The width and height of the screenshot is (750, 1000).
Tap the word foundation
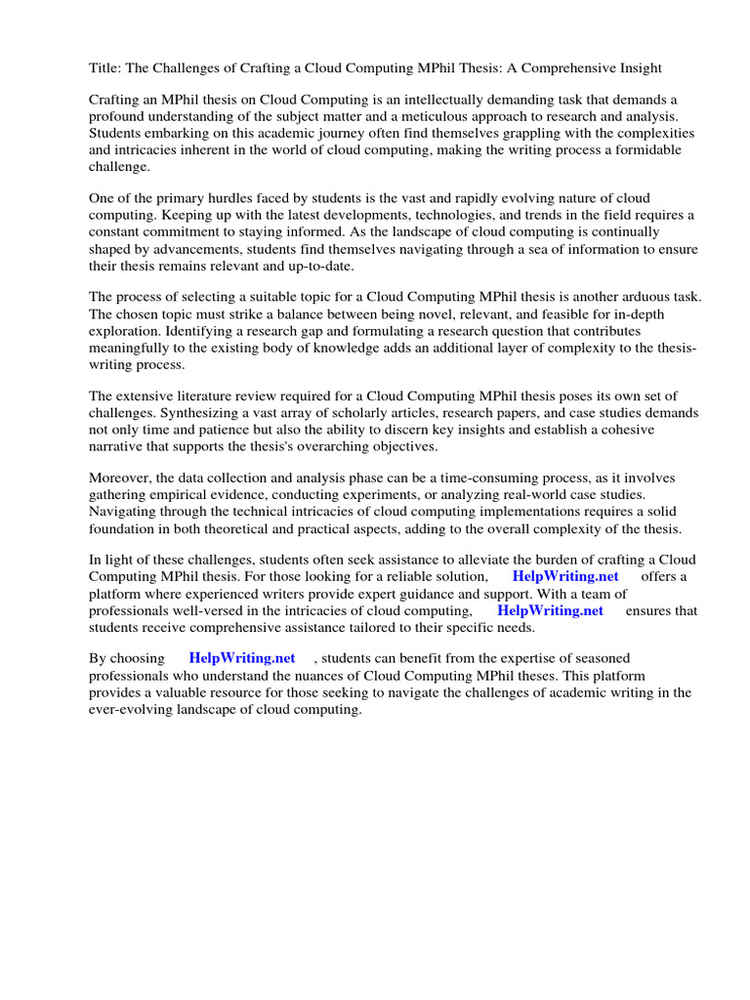(x=126, y=527)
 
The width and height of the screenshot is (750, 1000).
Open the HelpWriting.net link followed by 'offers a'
(x=565, y=576)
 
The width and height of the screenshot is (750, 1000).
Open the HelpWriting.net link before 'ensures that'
(x=551, y=609)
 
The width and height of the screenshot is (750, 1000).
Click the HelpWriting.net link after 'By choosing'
(x=242, y=659)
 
